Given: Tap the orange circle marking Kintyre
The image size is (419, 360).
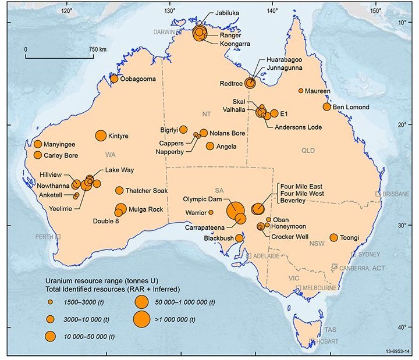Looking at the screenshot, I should click(x=101, y=136).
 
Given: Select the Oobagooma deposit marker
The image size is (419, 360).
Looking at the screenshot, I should click(x=114, y=79).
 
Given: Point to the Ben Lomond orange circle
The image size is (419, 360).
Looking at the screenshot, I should click(x=327, y=106).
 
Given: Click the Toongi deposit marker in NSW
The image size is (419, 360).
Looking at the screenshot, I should click(x=334, y=237).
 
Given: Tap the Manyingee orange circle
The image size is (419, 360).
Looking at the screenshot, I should click(x=38, y=144).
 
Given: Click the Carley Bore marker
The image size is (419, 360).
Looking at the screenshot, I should click(x=38, y=155).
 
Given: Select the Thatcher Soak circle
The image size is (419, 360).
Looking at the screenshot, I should click(x=119, y=190).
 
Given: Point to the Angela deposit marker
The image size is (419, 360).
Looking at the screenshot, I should click(x=210, y=146).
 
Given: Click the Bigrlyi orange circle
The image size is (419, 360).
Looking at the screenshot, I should click(x=183, y=129).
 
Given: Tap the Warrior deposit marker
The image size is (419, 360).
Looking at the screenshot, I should click(x=211, y=212).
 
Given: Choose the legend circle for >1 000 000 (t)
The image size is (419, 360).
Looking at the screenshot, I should click(x=140, y=319).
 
